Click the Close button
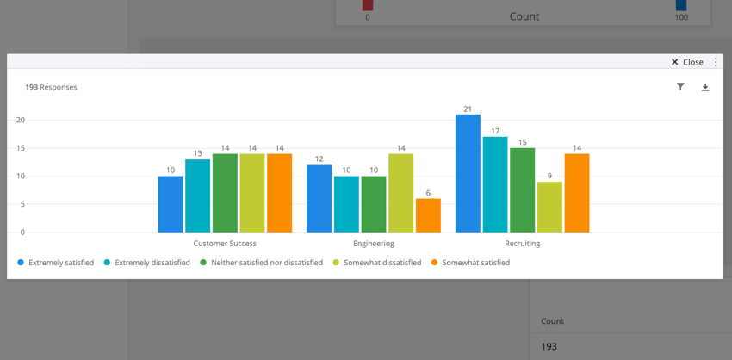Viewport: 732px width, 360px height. click(x=687, y=62)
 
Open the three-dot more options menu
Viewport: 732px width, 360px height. click(x=716, y=62)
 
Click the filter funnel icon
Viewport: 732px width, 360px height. click(x=680, y=87)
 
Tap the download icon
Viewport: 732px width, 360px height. click(x=705, y=87)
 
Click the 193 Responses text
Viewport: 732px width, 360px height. click(x=51, y=87)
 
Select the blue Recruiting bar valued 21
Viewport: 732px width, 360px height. click(x=468, y=173)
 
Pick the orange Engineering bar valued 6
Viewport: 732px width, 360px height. click(x=428, y=215)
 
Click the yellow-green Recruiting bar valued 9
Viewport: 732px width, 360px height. click(x=549, y=207)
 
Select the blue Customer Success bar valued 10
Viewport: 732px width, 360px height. click(x=171, y=204)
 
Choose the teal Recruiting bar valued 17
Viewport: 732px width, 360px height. click(x=495, y=184)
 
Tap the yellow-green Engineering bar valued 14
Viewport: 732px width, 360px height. click(x=400, y=193)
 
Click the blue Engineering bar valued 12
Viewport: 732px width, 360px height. click(x=319, y=199)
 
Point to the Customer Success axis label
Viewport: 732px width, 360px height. click(x=225, y=244)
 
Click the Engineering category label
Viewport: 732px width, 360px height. click(x=374, y=244)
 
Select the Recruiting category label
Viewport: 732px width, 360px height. click(x=522, y=244)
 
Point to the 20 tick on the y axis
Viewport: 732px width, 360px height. click(x=21, y=120)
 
